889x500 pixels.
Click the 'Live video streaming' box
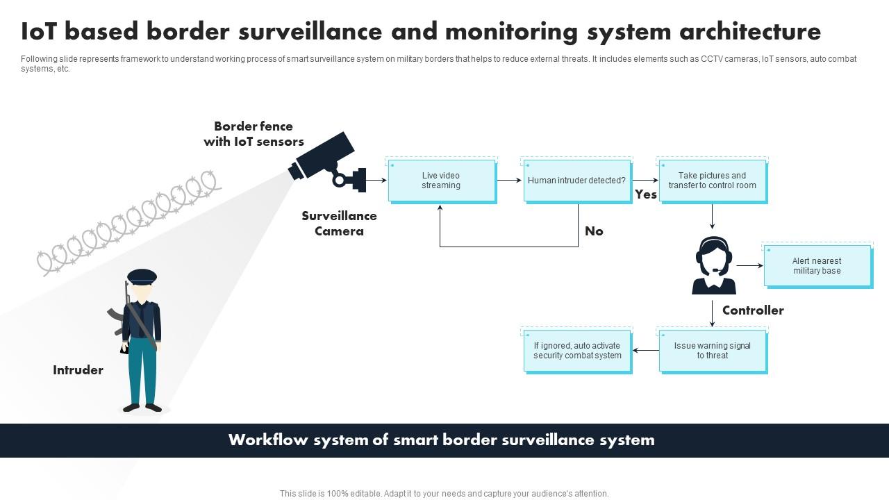pos(442,181)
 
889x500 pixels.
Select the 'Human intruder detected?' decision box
pos(576,181)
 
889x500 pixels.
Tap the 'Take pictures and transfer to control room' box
pos(713,181)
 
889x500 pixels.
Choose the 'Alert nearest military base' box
pos(817,266)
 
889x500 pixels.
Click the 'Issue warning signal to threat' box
pos(713,351)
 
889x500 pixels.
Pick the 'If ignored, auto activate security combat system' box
pos(577,351)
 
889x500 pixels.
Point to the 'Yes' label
pos(646,194)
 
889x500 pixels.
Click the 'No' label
pos(594,231)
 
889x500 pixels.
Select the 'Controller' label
pos(753,310)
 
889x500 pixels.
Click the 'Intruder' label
pos(78,370)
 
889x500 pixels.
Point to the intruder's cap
pos(142,276)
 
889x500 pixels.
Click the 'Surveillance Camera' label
pos(339,224)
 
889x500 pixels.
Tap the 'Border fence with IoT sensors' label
pos(254,134)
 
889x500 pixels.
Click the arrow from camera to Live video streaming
pos(376,181)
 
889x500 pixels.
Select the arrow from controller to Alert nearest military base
pos(749,265)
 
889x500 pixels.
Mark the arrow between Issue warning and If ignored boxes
pos(646,351)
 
